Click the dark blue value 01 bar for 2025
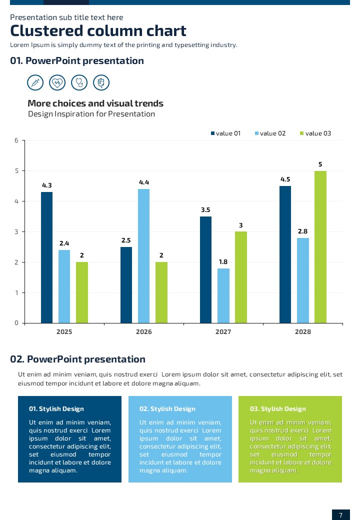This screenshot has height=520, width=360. coord(46,257)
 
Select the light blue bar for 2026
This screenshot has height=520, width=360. coord(143,256)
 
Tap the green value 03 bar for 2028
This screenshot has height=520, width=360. coord(320,247)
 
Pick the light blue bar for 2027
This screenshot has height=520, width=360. coord(223,295)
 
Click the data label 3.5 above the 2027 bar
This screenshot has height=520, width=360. coord(205,210)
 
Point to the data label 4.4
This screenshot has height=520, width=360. coord(144,182)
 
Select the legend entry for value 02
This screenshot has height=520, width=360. coord(270,133)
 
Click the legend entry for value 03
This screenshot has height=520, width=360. coord(315,133)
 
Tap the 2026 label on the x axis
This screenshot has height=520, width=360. coord(143,332)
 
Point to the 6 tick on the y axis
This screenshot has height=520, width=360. coord(16,140)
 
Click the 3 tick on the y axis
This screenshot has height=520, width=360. coord(16,232)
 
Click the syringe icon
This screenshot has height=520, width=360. coord(35,82)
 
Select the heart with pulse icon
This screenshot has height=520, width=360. coord(57,82)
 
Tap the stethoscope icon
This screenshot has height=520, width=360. coord(79,82)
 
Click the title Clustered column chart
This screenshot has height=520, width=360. coord(98,31)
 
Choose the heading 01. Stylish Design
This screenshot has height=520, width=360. coord(56,409)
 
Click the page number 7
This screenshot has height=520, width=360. coord(340,515)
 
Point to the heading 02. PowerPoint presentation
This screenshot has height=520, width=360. coord(77,359)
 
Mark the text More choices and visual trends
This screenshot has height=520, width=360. coord(95,104)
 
